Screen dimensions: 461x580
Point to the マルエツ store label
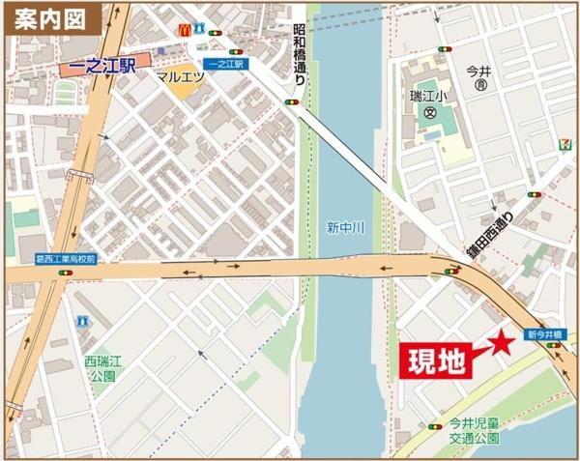[180, 74]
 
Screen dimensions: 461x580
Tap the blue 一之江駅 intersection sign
[228, 63]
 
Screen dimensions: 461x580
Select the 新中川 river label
[342, 228]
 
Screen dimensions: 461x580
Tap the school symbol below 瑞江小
[426, 113]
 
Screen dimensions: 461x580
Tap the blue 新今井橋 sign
[545, 334]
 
